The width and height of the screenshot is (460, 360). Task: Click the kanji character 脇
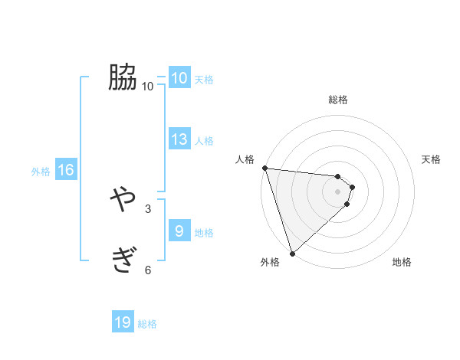click(123, 77)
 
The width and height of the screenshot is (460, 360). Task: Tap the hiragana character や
click(123, 201)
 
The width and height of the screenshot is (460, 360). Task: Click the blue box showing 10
click(179, 78)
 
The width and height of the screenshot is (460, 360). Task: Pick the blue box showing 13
click(179, 139)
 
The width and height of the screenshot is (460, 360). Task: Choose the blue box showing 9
click(179, 231)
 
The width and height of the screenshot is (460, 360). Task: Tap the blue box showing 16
click(66, 171)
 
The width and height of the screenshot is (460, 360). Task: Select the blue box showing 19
click(123, 323)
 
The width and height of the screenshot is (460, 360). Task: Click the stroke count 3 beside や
click(148, 208)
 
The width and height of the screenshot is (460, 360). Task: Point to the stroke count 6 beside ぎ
click(148, 270)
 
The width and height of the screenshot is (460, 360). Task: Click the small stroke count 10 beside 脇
click(148, 86)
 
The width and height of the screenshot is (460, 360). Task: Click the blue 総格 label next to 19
click(147, 324)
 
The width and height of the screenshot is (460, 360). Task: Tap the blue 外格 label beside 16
click(41, 172)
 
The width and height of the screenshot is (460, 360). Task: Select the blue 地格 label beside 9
click(204, 232)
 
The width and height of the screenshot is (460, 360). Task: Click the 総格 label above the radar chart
click(338, 100)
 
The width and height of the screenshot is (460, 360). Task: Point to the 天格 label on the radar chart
click(432, 159)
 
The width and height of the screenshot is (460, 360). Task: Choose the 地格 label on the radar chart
click(402, 263)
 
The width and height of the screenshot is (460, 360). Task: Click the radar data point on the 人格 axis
click(264, 168)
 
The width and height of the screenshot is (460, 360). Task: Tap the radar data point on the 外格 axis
click(293, 253)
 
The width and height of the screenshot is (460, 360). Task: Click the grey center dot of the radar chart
click(338, 191)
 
